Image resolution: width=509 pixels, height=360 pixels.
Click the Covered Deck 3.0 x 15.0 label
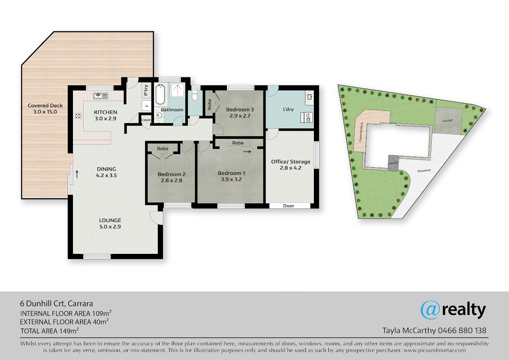[45, 109]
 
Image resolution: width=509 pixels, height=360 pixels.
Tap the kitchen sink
[101, 96]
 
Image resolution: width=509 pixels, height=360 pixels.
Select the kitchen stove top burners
[78, 116]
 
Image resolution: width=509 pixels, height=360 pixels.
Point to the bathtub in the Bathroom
[160, 94]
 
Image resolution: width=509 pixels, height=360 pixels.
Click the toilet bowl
[195, 96]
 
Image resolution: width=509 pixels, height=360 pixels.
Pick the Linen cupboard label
[146, 120]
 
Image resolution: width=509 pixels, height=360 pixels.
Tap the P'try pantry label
[146, 90]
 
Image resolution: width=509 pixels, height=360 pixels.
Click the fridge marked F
[147, 106]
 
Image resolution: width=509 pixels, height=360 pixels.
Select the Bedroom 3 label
[240, 112]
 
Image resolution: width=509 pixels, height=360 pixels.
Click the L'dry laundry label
[288, 109]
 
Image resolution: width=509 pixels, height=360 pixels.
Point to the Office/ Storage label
[291, 165]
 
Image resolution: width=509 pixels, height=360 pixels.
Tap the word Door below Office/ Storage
[288, 206]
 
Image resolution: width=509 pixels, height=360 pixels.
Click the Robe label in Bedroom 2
[163, 149]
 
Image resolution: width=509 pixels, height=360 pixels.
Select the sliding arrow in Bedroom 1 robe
[247, 152]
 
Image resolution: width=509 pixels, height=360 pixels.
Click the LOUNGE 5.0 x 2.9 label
[110, 223]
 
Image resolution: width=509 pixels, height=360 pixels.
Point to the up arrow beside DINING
[77, 174]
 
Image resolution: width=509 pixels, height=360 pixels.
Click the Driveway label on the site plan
[424, 171]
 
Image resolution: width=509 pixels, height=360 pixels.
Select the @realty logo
[453, 310]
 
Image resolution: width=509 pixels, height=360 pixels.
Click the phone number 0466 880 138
[462, 330]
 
